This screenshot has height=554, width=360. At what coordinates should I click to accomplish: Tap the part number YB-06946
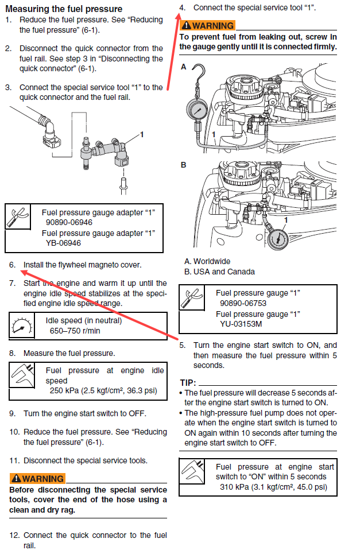[x=63, y=243]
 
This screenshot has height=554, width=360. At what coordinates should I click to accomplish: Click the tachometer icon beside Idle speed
[x=21, y=326]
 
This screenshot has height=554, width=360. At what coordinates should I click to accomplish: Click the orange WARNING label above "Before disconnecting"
[x=37, y=479]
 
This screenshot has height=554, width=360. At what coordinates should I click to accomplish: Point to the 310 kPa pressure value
[x=231, y=487]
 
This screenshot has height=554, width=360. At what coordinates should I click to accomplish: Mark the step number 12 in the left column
[x=14, y=535]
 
